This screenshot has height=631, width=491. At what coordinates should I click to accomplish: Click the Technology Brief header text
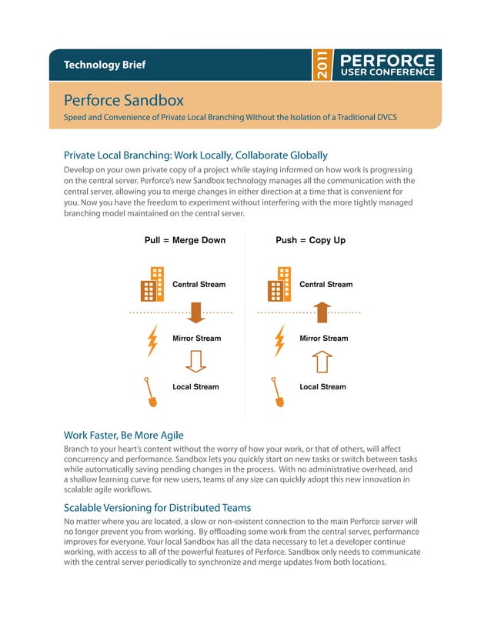click(104, 65)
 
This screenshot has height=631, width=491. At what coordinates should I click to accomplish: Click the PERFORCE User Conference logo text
click(386, 65)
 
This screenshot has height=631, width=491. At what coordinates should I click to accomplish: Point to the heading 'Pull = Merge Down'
click(185, 240)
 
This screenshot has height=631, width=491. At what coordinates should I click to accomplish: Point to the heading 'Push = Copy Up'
click(310, 240)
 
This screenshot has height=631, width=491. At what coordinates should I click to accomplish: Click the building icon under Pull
click(152, 285)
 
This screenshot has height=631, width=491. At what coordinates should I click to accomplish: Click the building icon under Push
click(279, 285)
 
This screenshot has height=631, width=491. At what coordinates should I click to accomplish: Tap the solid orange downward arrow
click(195, 312)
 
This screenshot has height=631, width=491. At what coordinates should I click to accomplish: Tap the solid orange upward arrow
click(323, 312)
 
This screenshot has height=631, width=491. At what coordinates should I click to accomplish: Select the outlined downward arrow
click(195, 361)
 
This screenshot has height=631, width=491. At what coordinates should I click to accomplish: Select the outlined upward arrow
click(323, 361)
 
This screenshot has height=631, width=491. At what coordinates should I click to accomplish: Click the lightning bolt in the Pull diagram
click(152, 342)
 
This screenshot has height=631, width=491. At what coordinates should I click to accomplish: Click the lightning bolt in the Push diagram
click(279, 342)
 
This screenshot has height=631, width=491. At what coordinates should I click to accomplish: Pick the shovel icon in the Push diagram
click(278, 392)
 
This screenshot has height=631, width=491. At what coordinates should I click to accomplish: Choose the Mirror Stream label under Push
click(323, 338)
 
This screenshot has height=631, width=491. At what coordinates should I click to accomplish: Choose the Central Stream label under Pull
click(199, 285)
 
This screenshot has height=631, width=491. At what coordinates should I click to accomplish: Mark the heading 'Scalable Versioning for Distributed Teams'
click(157, 508)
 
